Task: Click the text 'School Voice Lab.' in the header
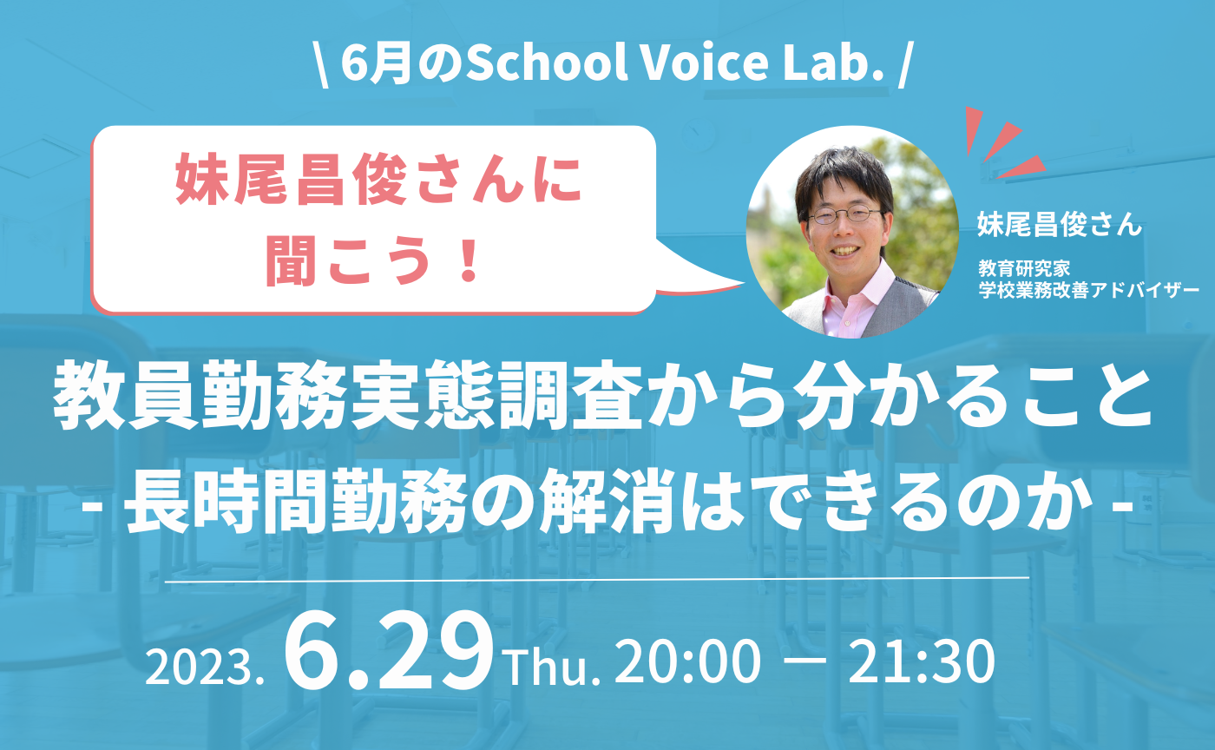coord(674,67)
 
